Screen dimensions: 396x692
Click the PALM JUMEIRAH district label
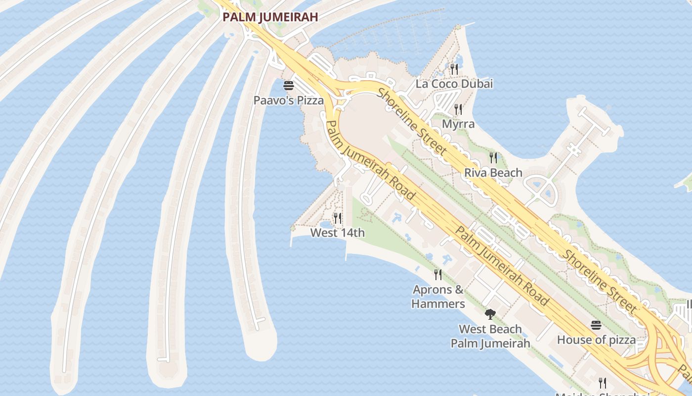click(270, 17)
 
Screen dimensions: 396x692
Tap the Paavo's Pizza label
click(289, 100)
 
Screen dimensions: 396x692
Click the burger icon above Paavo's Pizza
click(289, 86)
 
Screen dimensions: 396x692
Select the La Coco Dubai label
click(454, 84)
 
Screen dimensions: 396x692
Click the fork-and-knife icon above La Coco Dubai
click(454, 69)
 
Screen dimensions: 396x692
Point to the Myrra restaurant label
click(458, 124)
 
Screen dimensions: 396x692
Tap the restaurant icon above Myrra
click(458, 109)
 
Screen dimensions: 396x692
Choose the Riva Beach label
click(493, 173)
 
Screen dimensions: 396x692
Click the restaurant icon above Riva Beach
click(493, 158)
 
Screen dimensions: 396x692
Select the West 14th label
click(338, 233)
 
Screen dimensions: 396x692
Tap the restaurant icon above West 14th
click(338, 218)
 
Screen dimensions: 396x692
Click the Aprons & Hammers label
click(438, 297)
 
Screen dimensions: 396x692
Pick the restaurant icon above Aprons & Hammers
click(438, 274)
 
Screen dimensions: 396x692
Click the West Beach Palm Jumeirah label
click(490, 336)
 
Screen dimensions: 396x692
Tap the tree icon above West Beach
click(490, 314)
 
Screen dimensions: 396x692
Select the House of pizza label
click(596, 340)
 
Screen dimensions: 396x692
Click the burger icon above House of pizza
click(596, 325)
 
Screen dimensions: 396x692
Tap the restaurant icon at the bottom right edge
click(603, 383)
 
